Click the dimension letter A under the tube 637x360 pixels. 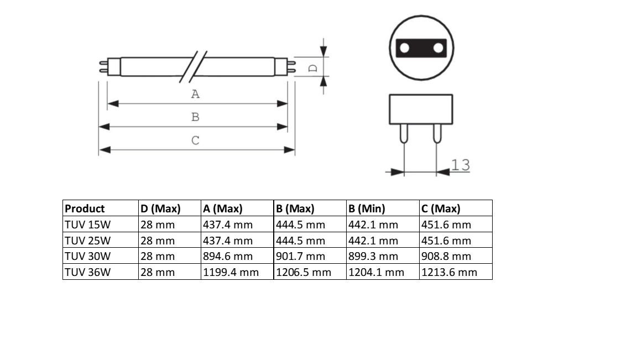(195, 94)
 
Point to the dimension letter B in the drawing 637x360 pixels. (195, 117)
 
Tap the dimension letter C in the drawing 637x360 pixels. (195, 140)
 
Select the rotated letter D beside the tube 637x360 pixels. (313, 68)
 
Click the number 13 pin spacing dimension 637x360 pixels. (461, 165)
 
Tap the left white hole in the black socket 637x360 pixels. (405, 48)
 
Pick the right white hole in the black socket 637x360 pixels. (438, 48)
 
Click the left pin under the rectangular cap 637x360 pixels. (404, 134)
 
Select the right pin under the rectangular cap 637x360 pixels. (437, 134)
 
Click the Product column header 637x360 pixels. (85, 209)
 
